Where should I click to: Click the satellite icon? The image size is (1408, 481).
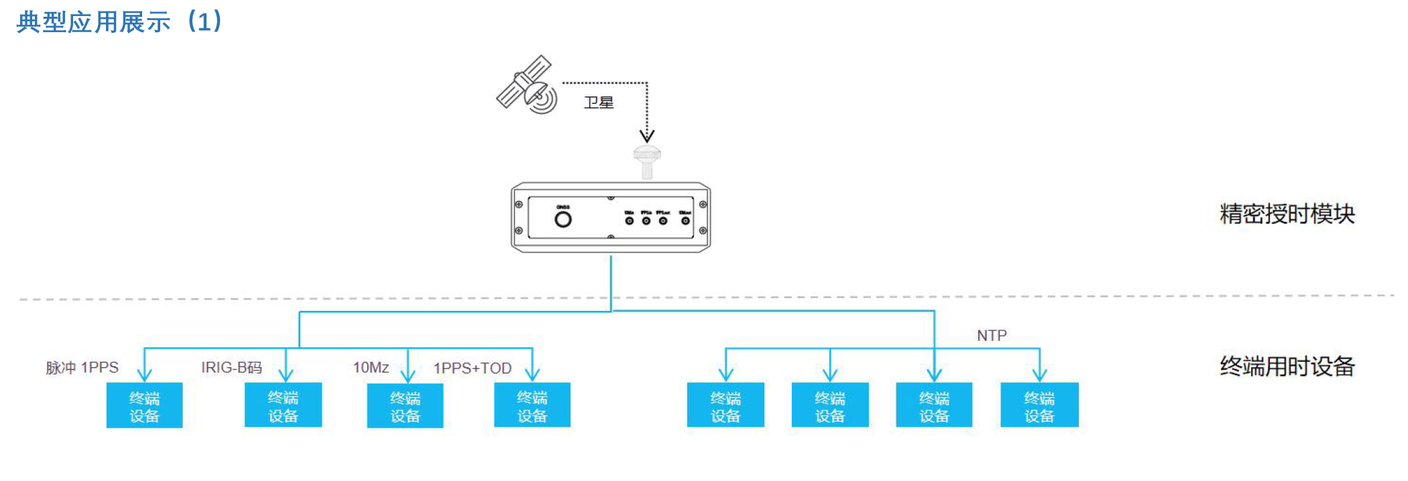527,85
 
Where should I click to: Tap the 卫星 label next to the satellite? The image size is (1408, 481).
599,102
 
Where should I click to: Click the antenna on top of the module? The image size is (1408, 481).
647,161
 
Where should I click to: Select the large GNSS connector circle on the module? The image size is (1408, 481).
563,218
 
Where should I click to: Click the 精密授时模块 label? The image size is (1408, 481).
1287,214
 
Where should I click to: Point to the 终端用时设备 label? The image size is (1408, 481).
1287,366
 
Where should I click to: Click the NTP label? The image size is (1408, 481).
992,335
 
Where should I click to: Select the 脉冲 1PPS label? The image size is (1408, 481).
82,368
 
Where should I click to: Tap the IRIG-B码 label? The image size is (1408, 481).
231,368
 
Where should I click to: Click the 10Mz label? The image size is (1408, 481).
371,368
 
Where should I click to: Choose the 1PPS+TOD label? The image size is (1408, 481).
472,368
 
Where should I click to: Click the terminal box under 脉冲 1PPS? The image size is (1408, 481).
144,405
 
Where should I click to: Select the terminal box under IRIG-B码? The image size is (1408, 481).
283,405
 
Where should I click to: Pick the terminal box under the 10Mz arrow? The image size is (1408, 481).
405,405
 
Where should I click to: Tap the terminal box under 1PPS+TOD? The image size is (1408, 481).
532,405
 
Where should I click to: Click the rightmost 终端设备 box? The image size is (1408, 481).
1039,405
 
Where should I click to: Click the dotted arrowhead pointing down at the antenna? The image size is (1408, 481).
647,136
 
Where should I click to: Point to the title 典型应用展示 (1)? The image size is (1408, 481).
119,21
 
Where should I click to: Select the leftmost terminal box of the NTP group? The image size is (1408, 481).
725,405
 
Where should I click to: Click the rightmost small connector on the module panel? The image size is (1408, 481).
685,220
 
